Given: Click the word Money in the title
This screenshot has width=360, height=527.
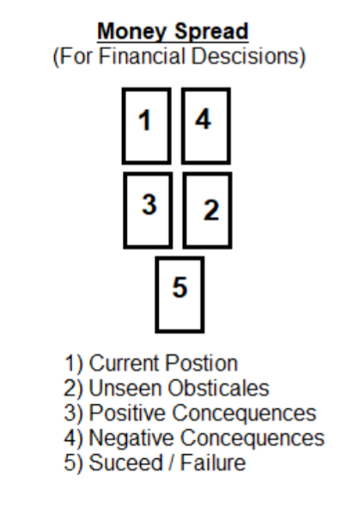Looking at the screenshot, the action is [132, 32].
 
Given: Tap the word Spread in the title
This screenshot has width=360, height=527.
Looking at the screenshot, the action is [211, 31].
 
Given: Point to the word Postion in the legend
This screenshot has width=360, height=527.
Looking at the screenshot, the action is [202, 363].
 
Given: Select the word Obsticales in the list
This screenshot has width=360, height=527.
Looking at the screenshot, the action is [218, 389].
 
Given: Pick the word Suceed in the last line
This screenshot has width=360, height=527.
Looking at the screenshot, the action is [126, 463].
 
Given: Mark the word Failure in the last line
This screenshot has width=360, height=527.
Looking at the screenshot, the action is [213, 463].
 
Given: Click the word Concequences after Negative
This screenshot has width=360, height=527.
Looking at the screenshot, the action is [253, 438].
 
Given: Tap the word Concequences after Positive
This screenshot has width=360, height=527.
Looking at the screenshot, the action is [244, 414].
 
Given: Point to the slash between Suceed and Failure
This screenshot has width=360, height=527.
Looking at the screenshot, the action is [172, 463].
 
